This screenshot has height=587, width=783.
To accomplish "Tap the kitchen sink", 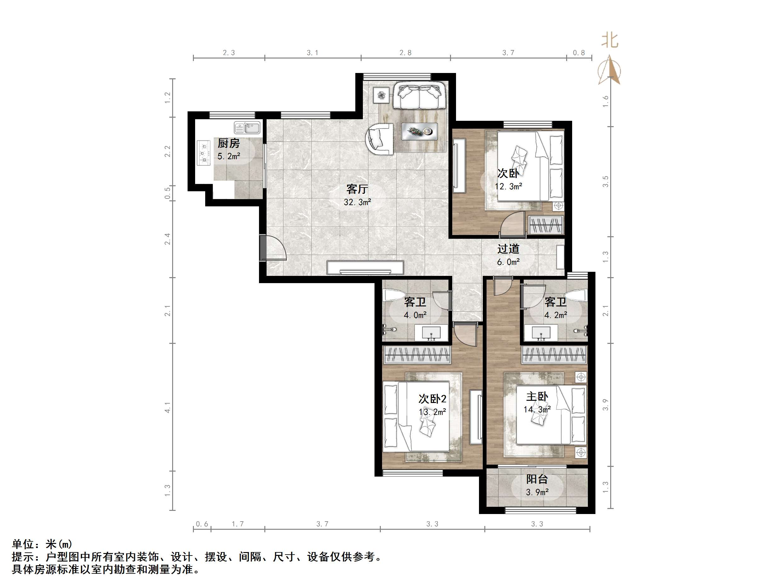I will click(247, 127).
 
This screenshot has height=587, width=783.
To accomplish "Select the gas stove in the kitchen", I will click(204, 153).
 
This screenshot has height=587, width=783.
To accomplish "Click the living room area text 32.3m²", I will click(357, 202).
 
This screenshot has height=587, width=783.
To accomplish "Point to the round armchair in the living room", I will click(380, 139).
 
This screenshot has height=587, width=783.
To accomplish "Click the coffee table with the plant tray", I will click(419, 131).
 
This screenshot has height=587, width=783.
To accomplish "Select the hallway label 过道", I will click(508, 249).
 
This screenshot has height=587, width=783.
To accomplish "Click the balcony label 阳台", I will click(537, 479).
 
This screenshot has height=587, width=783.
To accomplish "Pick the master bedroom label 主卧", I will click(537, 397).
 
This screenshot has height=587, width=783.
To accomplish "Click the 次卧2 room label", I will click(432, 399).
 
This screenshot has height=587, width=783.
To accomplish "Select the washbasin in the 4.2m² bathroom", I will click(541, 333).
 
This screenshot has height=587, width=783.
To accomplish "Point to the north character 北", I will click(610, 41).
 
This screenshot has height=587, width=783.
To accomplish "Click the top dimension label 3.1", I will click(312, 53).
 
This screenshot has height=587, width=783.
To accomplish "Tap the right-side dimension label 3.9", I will click(606, 405).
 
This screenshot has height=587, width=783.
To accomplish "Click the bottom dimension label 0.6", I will click(202, 524).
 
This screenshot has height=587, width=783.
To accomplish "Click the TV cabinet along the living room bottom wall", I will click(365, 267).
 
